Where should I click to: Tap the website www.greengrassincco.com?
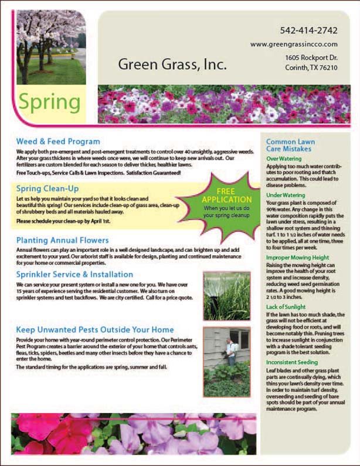click(294, 44)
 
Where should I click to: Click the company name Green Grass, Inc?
click(172, 64)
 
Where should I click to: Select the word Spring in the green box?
click(49, 102)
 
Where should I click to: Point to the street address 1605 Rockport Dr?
click(311, 58)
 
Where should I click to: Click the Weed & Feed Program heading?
click(58, 141)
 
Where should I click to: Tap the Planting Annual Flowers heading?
click(62, 240)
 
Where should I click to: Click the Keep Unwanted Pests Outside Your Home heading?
click(95, 329)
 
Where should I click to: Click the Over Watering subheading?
click(283, 159)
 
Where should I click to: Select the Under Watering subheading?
click(285, 195)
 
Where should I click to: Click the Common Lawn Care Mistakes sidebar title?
click(290, 146)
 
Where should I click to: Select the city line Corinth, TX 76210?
click(311, 68)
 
